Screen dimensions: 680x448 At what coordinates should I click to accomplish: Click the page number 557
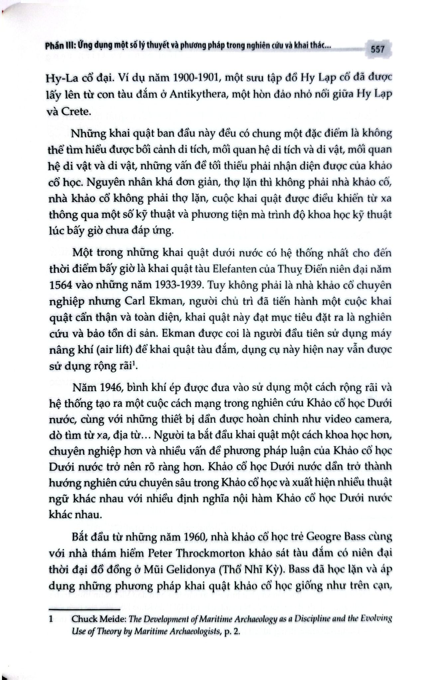(x=378, y=49)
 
